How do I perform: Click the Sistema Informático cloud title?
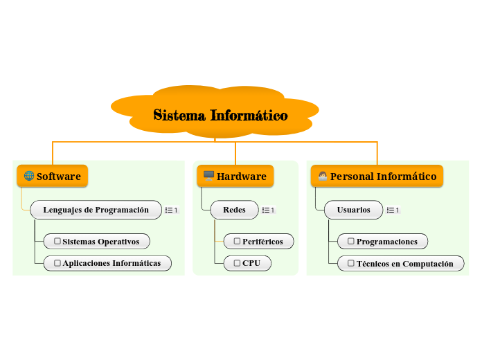pos(220,115)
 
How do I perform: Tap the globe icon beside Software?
pos(29,176)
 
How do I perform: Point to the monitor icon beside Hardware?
pos(208,176)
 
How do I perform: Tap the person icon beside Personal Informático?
pos(322,176)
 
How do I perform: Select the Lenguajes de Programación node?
pos(96,210)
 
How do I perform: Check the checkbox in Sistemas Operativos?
pos(57,242)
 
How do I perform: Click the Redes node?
pos(234,210)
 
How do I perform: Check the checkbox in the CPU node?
pos(237,263)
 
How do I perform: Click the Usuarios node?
pos(353,210)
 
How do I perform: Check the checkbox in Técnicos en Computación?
pos(350,263)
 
